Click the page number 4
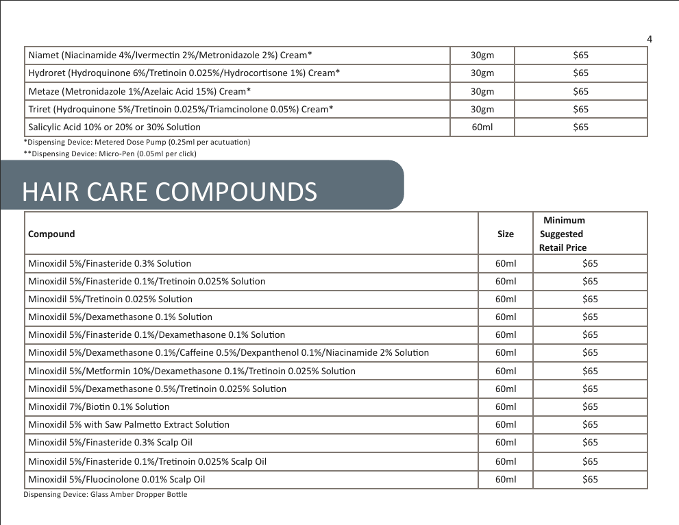[x=649, y=39]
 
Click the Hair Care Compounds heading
[x=169, y=192]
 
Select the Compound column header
[x=51, y=234]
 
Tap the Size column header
[x=505, y=234]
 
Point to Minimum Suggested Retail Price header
[x=563, y=234]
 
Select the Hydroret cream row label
[x=184, y=73]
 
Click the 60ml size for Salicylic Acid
[x=482, y=127]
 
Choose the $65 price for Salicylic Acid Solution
[x=580, y=127]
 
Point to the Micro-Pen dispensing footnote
[x=110, y=154]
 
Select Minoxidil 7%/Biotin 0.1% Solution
[x=99, y=406]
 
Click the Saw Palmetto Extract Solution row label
[x=129, y=424]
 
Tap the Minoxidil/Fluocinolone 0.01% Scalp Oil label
[x=116, y=479]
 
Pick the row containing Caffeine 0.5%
[x=228, y=353]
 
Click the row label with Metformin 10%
[x=192, y=371]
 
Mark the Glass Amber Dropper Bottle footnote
[x=106, y=494]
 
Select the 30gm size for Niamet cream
[x=482, y=55]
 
